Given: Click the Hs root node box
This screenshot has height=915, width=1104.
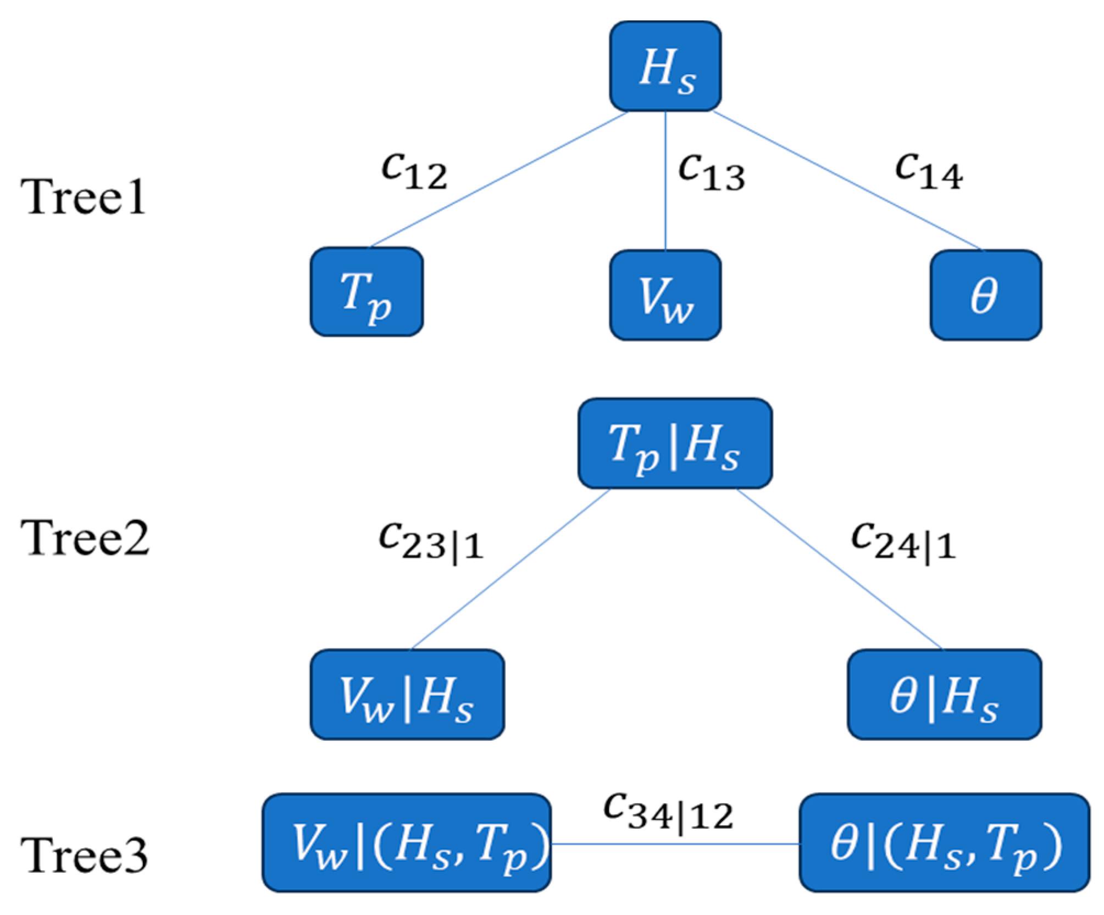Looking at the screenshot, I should [x=665, y=66].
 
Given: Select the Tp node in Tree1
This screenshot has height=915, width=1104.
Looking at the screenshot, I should [x=367, y=292].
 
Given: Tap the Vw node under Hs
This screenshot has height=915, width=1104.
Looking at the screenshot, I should [x=665, y=295].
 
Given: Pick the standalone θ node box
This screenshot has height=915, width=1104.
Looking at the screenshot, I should [x=985, y=295].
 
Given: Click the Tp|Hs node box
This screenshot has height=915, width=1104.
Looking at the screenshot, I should [x=675, y=443].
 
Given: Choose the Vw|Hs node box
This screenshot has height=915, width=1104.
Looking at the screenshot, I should [x=407, y=694].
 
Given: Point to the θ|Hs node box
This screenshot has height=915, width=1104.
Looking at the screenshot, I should [x=944, y=694].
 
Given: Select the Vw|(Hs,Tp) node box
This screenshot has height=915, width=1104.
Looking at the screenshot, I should [x=407, y=842].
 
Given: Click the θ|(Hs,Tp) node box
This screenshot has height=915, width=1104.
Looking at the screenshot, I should [x=944, y=842].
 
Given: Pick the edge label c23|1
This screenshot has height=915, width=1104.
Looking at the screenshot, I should [x=431, y=541].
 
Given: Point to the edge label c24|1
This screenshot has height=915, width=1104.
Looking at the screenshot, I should [x=903, y=541].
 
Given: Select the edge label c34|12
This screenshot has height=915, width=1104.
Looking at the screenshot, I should [x=668, y=811].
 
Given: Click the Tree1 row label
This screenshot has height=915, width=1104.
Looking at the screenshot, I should [x=84, y=197].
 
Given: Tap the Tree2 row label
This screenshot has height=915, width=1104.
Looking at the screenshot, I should [x=85, y=538].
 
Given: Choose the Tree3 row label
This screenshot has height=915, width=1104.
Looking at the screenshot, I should [x=84, y=855].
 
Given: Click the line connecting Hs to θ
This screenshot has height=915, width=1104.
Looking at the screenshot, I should [x=846, y=180].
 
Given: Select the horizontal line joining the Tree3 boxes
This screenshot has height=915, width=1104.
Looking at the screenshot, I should [x=675, y=844].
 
